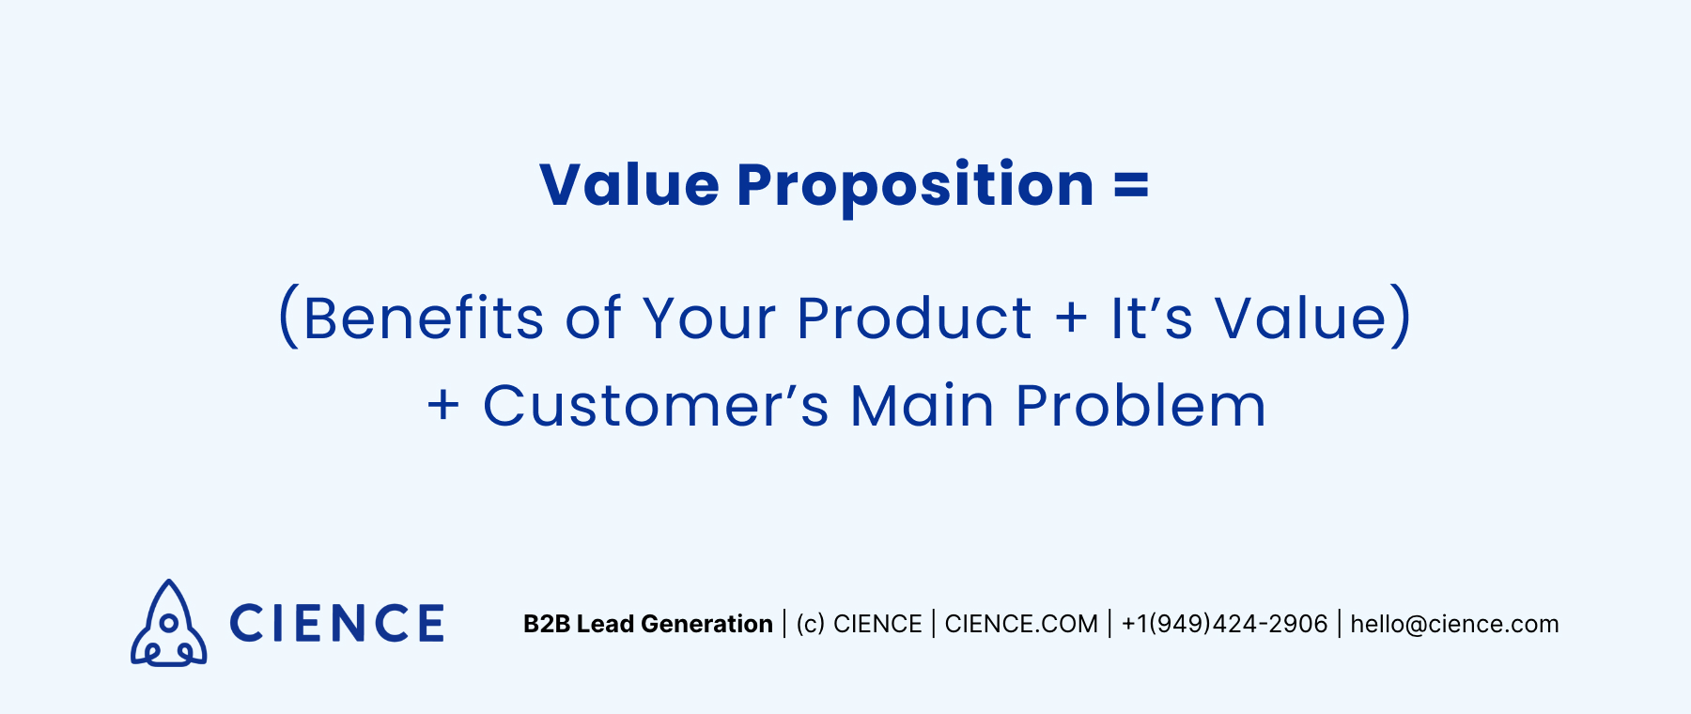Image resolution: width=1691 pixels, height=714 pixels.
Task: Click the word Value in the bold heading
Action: tap(628, 184)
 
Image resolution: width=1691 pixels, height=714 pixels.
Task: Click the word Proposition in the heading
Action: tap(915, 186)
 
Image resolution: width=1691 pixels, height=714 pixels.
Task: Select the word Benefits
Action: tap(423, 318)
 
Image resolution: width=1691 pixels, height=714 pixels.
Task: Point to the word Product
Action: tap(914, 318)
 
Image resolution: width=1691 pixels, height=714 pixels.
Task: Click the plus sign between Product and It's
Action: tap(1071, 318)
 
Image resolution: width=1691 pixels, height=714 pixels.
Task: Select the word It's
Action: tap(1151, 318)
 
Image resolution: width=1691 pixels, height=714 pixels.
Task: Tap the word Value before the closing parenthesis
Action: tap(1300, 318)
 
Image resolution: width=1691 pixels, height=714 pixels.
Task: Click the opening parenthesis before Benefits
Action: tap(288, 318)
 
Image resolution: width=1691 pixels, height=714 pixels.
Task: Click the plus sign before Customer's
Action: tap(443, 406)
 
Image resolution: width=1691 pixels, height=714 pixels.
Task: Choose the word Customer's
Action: tap(656, 406)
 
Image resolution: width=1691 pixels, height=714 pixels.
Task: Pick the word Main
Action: tap(921, 406)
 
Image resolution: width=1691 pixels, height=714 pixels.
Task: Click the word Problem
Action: tap(1140, 406)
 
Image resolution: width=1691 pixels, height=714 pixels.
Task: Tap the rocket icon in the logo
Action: tap(168, 624)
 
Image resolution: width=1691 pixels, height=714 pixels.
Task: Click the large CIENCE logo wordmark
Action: tap(336, 624)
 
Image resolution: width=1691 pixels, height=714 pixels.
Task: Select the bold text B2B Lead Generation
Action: tap(647, 624)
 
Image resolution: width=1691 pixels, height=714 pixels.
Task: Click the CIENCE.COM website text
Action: tap(1021, 624)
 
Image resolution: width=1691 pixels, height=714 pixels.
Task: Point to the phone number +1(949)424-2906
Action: tap(1224, 624)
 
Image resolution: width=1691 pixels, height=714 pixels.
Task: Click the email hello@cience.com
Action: tap(1454, 624)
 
